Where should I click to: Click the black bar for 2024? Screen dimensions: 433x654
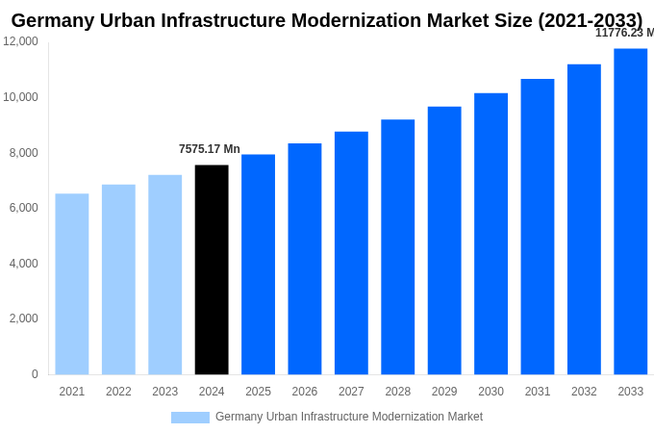point(212,269)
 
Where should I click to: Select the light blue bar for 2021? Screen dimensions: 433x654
point(72,284)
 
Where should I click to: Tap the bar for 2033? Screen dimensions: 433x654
point(630,212)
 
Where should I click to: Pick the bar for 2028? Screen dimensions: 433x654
point(397,247)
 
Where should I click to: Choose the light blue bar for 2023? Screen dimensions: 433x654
point(164,274)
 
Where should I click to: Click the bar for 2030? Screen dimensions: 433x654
point(490,234)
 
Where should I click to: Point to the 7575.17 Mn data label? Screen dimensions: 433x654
point(210,149)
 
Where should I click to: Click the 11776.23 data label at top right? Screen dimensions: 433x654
point(624,33)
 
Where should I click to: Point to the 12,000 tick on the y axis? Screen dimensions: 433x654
point(21,41)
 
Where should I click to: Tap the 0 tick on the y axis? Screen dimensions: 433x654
point(35,374)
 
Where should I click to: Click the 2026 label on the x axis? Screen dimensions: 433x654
point(305,392)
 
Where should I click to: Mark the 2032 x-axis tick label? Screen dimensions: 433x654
point(584,392)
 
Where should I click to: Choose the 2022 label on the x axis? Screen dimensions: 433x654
point(118,392)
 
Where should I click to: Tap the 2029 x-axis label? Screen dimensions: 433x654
point(444,392)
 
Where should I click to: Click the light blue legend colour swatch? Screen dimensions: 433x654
point(190,417)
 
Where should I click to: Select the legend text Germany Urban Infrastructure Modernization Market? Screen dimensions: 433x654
point(349,417)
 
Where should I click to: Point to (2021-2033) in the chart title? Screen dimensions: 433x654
point(590,20)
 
